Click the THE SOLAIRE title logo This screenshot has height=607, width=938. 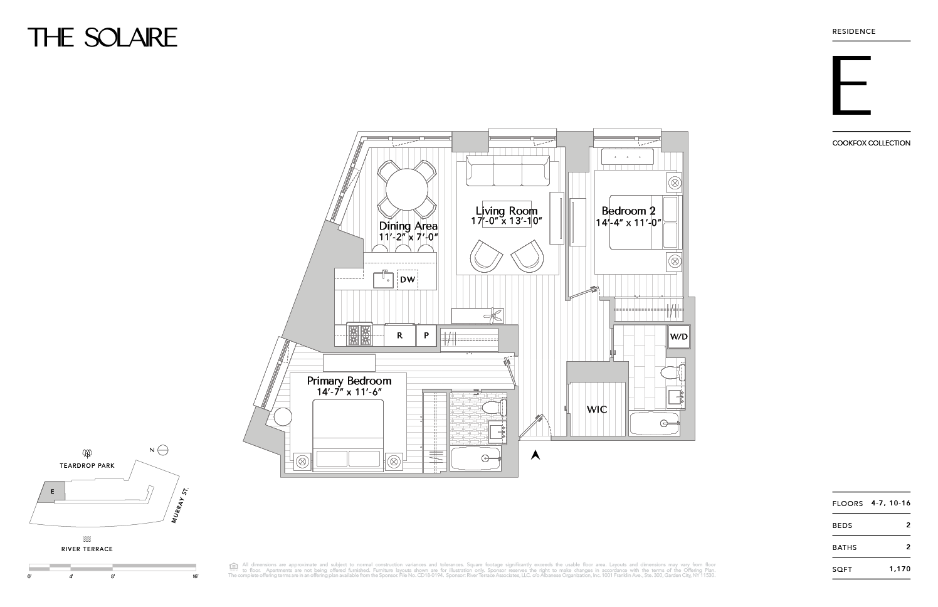pyautogui.click(x=102, y=38)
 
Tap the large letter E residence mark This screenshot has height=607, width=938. pyautogui.click(x=851, y=86)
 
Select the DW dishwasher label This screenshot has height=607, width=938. pyautogui.click(x=408, y=279)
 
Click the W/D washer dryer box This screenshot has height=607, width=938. pyautogui.click(x=678, y=336)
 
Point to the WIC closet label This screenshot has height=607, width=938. pyautogui.click(x=596, y=409)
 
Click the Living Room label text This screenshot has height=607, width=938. pyautogui.click(x=506, y=211)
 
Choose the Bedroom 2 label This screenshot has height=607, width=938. pyautogui.click(x=628, y=211)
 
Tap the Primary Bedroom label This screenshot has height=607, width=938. pyautogui.click(x=349, y=381)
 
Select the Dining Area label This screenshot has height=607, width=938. pyautogui.click(x=408, y=226)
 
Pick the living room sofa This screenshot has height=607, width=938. pyautogui.click(x=508, y=171)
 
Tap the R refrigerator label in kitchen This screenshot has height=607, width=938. pyautogui.click(x=399, y=335)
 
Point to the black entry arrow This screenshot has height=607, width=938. pyautogui.click(x=535, y=456)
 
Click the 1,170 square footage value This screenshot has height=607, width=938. pyautogui.click(x=899, y=569)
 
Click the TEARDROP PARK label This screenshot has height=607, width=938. pyautogui.click(x=87, y=466)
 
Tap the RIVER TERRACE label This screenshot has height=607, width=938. pyautogui.click(x=87, y=549)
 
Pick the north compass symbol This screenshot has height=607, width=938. pyautogui.click(x=162, y=450)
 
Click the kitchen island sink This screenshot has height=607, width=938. pyautogui.click(x=384, y=279)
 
